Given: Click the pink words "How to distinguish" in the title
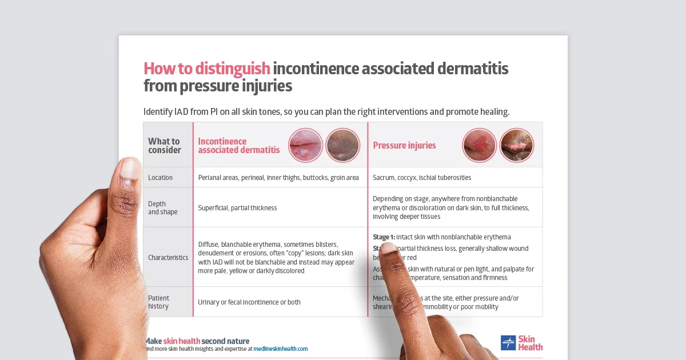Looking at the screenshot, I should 206,69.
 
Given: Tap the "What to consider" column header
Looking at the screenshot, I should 164,146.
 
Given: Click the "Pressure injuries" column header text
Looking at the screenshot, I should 404,146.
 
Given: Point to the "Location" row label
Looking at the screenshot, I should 160,178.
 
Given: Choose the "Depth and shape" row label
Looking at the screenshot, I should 162,208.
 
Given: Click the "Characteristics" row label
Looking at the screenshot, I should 168,258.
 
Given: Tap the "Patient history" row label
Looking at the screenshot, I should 159,302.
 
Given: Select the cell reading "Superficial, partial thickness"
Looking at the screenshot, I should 237,208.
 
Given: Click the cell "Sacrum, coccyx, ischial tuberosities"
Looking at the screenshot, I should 422,178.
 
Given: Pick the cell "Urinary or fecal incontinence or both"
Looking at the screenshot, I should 249,302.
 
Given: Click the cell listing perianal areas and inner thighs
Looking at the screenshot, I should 278,178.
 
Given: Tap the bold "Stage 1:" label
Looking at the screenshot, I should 384,237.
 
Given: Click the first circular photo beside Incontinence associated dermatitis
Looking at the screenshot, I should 306,145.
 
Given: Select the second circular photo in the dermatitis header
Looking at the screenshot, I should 342,145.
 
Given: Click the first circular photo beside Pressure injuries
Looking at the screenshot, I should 480,145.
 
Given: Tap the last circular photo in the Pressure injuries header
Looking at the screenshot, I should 516,145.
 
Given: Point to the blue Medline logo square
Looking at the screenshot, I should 508,343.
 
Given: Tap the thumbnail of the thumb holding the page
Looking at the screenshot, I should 130,170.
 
